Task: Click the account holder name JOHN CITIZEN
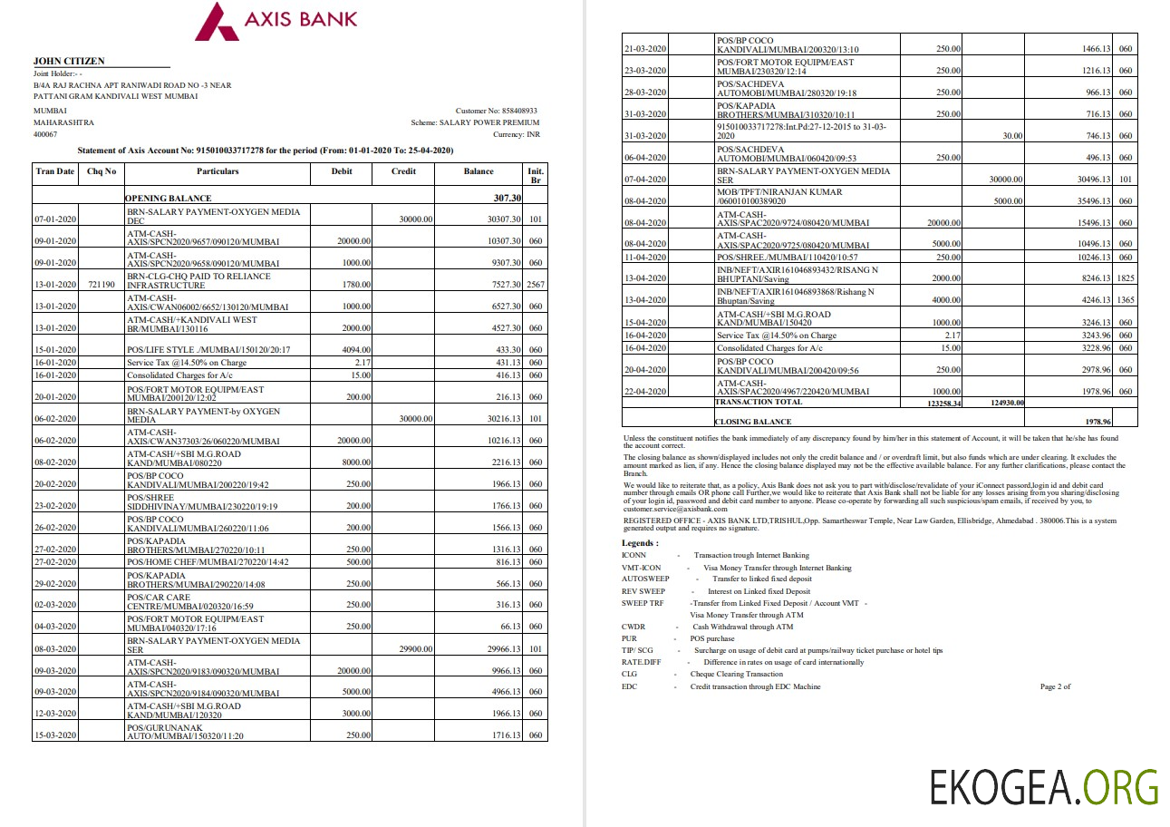click(x=69, y=61)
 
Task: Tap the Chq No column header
click(x=101, y=171)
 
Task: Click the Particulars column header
click(x=218, y=171)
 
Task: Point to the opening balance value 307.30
click(x=507, y=198)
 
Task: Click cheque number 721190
click(x=101, y=285)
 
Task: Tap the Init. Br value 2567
click(x=535, y=285)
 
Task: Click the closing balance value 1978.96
click(x=1097, y=422)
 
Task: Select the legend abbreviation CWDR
click(x=633, y=627)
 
